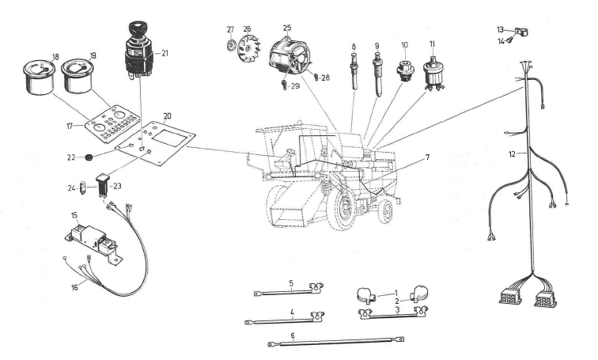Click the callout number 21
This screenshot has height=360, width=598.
pos(165,53)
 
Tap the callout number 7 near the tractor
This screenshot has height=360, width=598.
pos(426,157)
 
